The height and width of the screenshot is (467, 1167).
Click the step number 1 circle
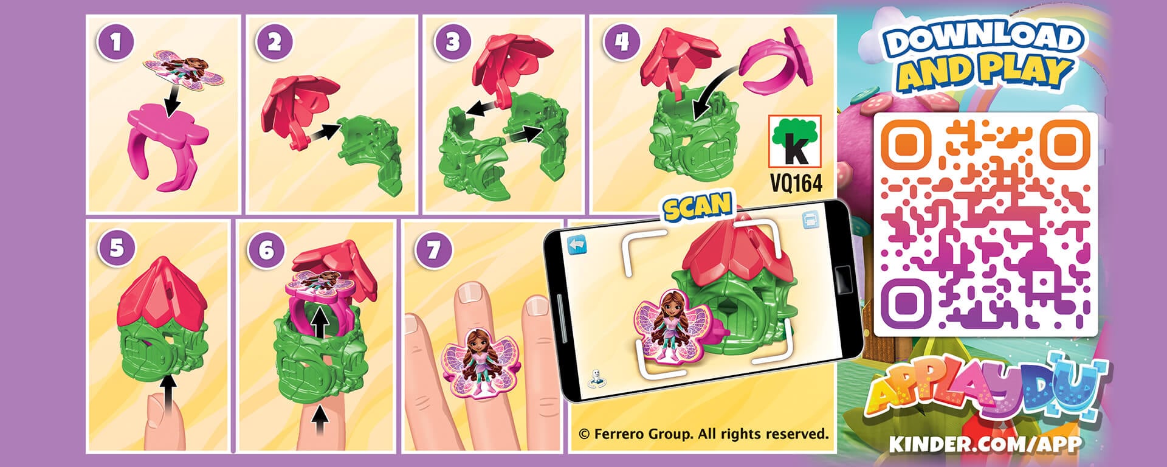click(x=115, y=43)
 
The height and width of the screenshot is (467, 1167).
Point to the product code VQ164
click(x=796, y=183)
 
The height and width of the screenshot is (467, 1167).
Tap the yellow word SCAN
click(x=697, y=207)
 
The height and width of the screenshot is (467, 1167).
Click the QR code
click(x=985, y=224)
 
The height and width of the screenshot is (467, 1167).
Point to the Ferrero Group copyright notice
click(x=703, y=434)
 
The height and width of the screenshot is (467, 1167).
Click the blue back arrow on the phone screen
click(x=576, y=246)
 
